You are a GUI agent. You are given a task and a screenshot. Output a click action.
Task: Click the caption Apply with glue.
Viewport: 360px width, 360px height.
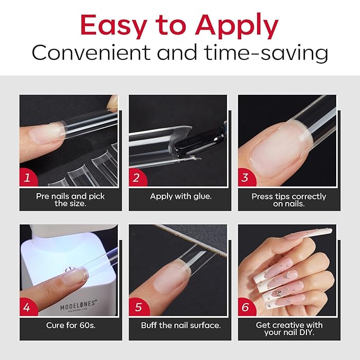coord(180,196)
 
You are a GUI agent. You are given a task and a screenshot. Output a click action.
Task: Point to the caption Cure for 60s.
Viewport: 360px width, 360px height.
coord(71,325)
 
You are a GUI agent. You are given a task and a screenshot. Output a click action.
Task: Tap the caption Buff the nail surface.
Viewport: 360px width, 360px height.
coord(180,325)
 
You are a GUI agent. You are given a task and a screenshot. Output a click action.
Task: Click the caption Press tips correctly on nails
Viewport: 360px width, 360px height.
coord(289,200)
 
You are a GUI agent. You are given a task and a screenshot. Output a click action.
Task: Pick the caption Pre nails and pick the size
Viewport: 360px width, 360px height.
coord(71,200)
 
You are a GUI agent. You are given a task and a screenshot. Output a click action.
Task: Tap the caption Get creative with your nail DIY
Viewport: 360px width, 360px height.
coord(289,329)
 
